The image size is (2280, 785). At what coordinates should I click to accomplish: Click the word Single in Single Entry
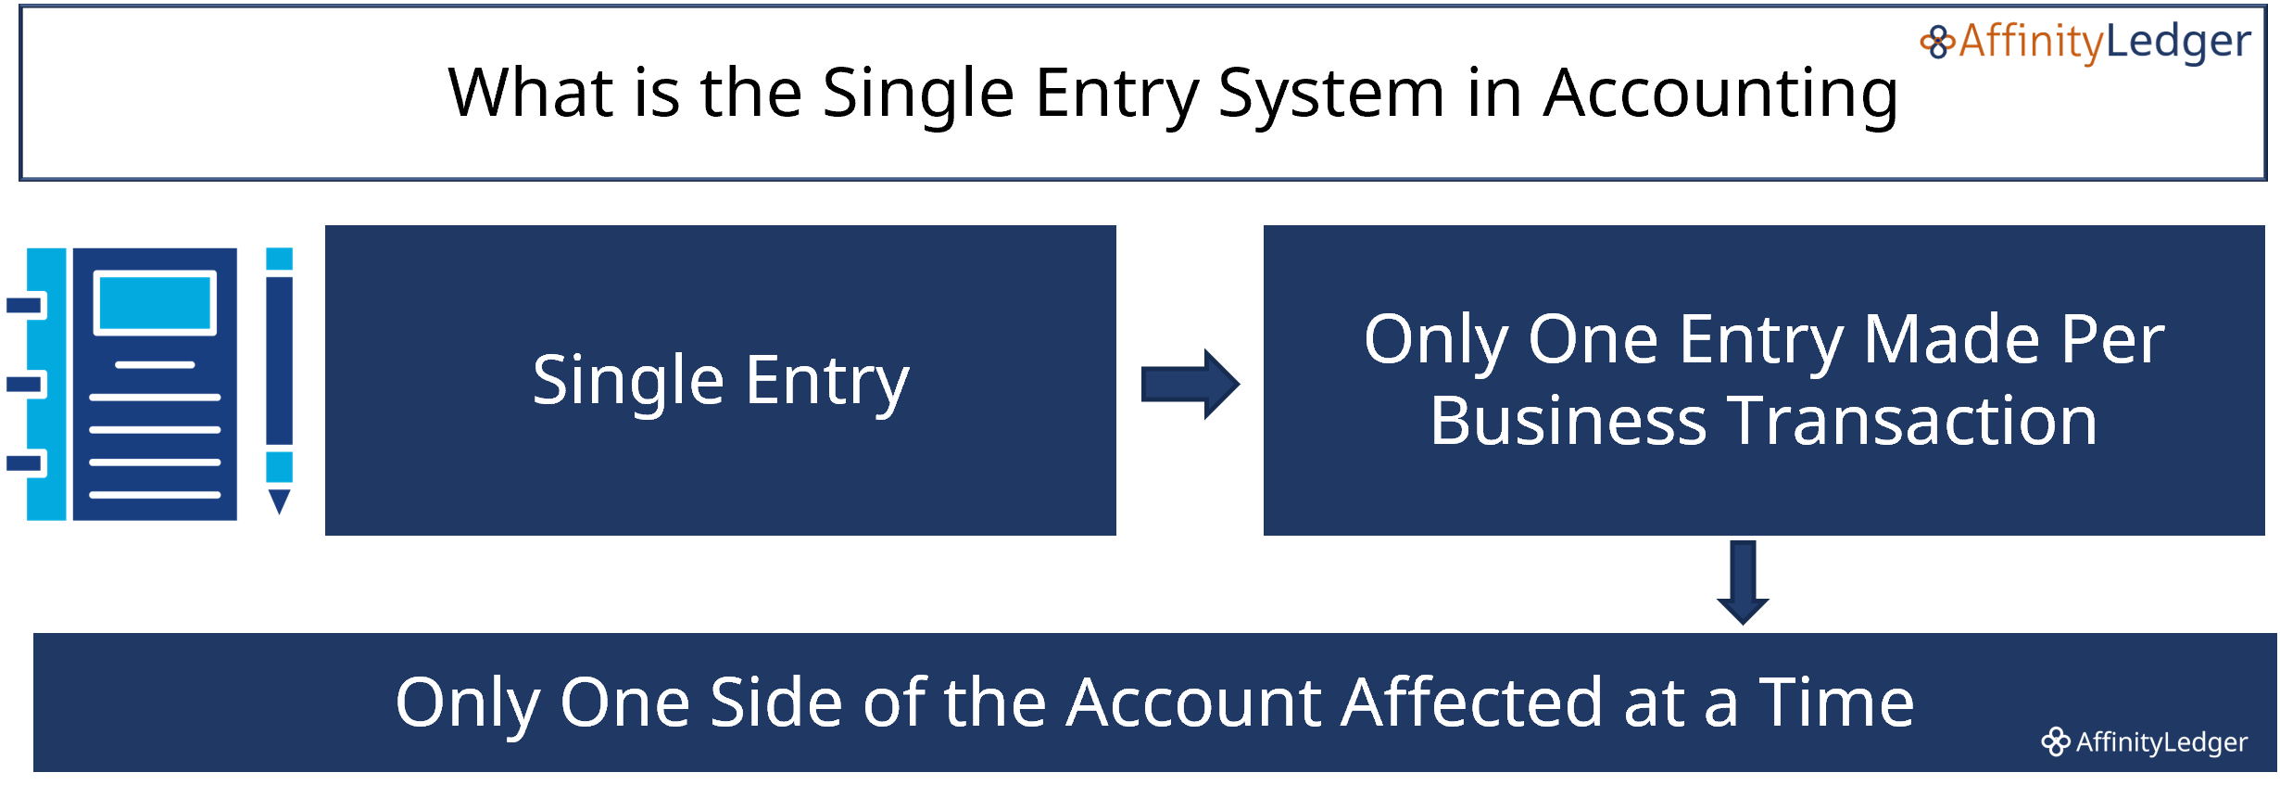coord(627,380)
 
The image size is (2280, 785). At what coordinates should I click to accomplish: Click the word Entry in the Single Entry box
coord(827,380)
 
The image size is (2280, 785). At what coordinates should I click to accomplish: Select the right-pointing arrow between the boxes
coord(1191,384)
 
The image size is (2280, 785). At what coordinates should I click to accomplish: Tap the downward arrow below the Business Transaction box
coord(1743,583)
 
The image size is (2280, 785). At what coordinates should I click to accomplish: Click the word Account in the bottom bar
coord(1195,703)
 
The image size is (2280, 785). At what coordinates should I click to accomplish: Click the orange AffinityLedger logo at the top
coord(2085,43)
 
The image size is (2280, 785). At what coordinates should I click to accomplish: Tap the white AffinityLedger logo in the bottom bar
coord(2144,742)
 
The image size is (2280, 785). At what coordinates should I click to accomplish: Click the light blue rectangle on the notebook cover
coord(155,303)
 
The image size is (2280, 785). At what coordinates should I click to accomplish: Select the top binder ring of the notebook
coord(25,305)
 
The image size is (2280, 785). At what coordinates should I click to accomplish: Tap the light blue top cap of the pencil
coord(280,260)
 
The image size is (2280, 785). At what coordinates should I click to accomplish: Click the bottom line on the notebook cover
coord(155,495)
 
